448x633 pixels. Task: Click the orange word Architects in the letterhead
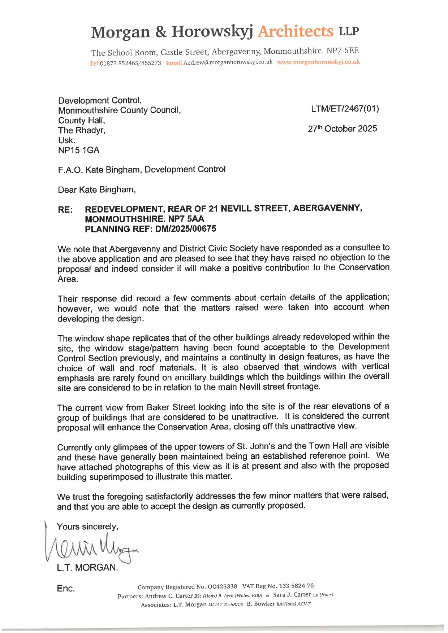click(296, 31)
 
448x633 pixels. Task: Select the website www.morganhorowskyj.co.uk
click(318, 62)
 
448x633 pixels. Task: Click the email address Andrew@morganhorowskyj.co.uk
click(228, 62)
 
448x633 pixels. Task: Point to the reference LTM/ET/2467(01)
click(345, 109)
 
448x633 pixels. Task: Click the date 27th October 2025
click(342, 129)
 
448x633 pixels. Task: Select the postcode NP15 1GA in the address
click(78, 150)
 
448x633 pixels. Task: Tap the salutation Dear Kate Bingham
click(96, 190)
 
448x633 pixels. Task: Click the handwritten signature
click(90, 548)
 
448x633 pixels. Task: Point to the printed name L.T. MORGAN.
click(87, 568)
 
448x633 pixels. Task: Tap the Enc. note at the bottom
click(66, 589)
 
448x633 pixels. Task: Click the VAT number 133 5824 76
click(296, 586)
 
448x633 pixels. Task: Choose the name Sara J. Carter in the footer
click(292, 595)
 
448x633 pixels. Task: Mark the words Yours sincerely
click(87, 527)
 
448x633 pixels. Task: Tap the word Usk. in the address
click(66, 140)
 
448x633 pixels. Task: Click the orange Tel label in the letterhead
click(94, 64)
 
